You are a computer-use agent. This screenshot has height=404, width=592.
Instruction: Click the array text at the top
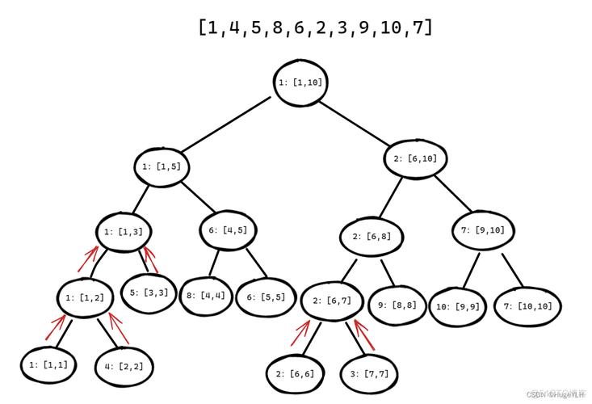[315, 27]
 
